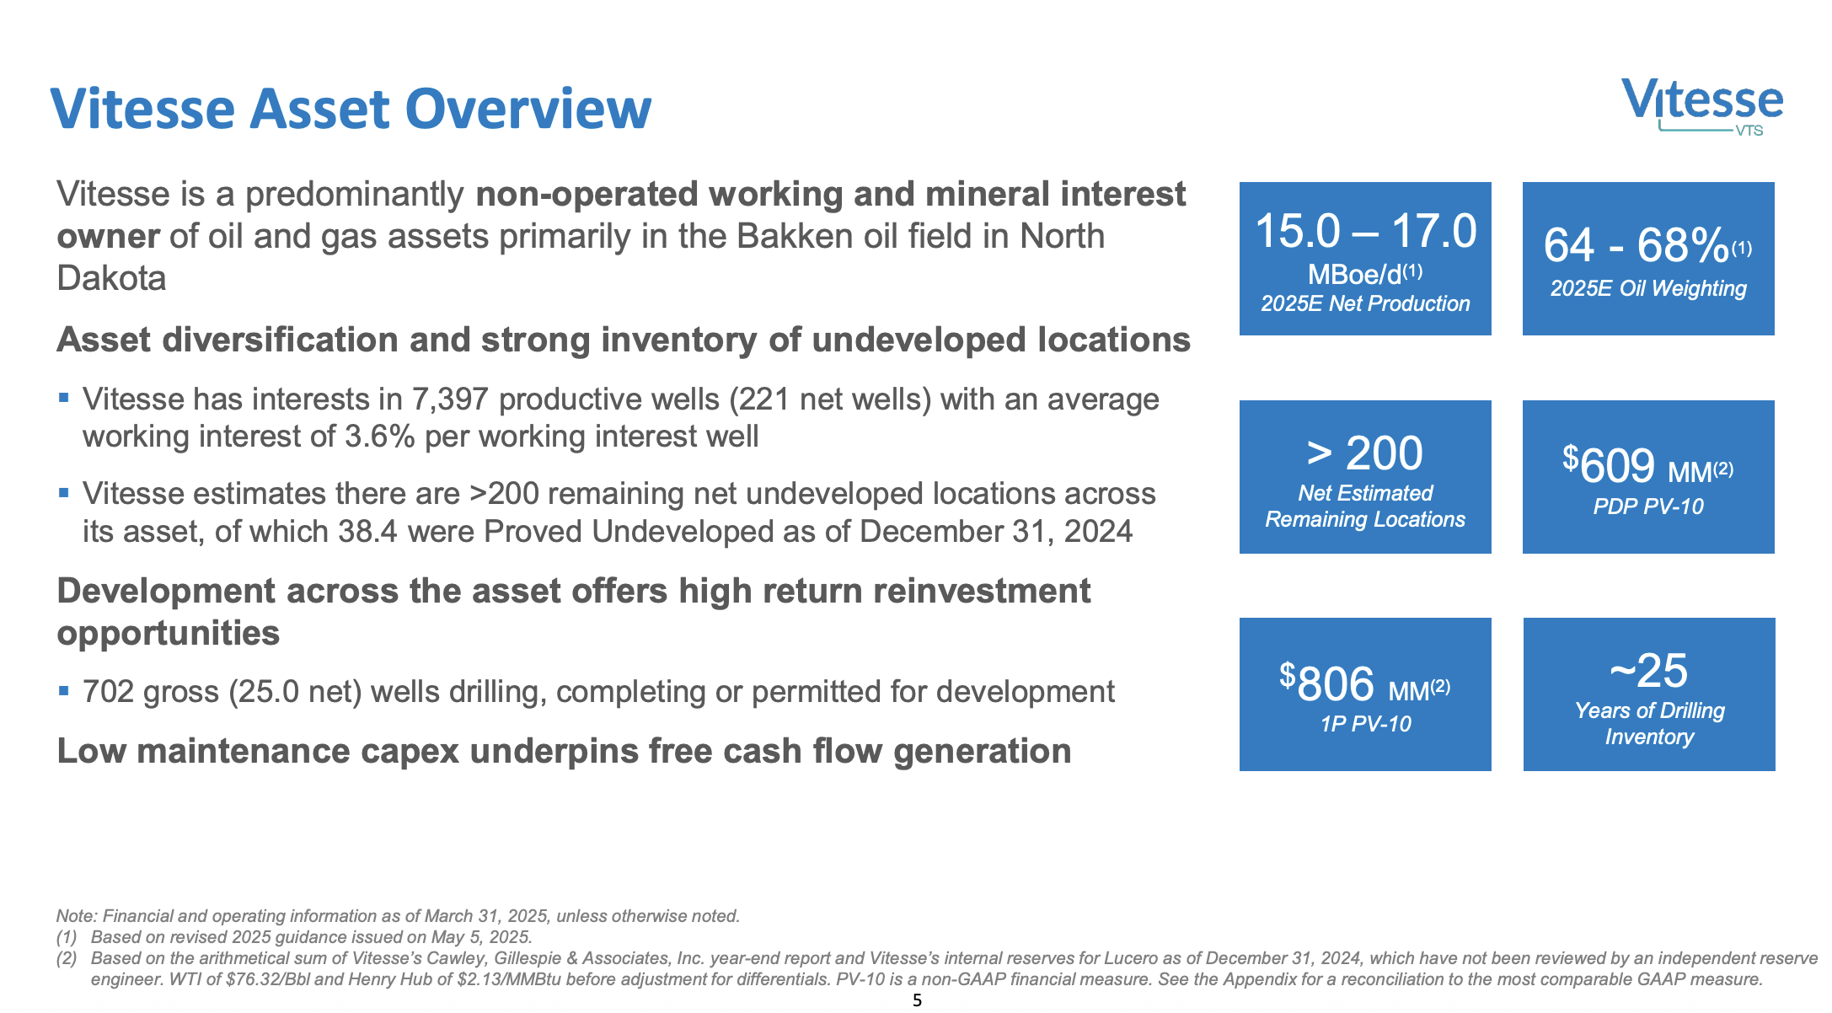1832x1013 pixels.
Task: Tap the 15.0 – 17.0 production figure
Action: pos(1365,232)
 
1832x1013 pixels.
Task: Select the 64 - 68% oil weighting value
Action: pos(1636,246)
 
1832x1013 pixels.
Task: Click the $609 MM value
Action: pos(1618,465)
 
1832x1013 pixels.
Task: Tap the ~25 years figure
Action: pos(1648,671)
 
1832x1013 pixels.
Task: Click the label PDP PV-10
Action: pos(1648,506)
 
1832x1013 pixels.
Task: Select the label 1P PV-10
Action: pos(1365,724)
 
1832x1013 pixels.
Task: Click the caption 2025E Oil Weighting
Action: pos(1648,289)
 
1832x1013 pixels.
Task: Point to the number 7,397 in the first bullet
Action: pos(450,399)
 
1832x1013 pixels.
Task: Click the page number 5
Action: pos(917,1000)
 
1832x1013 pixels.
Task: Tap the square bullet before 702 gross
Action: pos(64,690)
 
